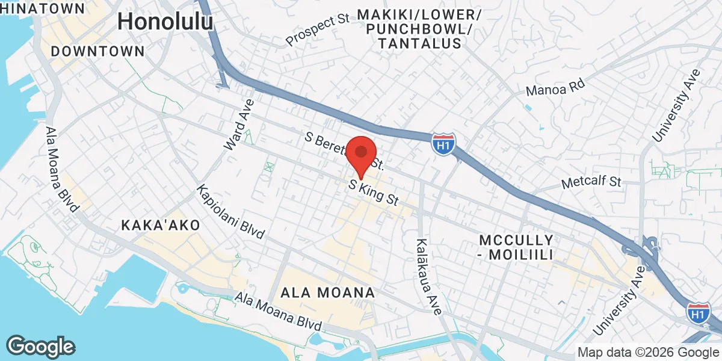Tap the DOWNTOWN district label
[x=97, y=51]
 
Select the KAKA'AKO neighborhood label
[x=160, y=225]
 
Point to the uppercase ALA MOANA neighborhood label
[x=328, y=293]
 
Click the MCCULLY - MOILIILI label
[x=516, y=247]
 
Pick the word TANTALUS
[x=420, y=43]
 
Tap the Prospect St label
[x=318, y=31]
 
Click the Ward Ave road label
[x=239, y=125]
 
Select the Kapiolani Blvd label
[x=230, y=212]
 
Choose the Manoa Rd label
[x=555, y=89]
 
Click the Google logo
[x=40, y=347]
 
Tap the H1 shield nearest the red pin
[x=443, y=145]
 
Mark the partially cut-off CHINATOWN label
[x=42, y=8]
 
